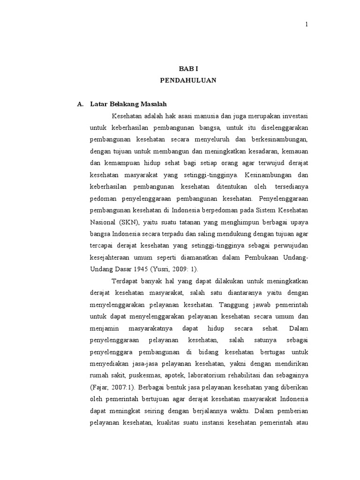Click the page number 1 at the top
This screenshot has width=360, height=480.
pyautogui.click(x=307, y=24)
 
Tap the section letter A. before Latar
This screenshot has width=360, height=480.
pyautogui.click(x=80, y=104)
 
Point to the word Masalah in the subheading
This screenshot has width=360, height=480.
pyautogui.click(x=152, y=104)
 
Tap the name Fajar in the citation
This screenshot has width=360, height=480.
pyautogui.click(x=101, y=388)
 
